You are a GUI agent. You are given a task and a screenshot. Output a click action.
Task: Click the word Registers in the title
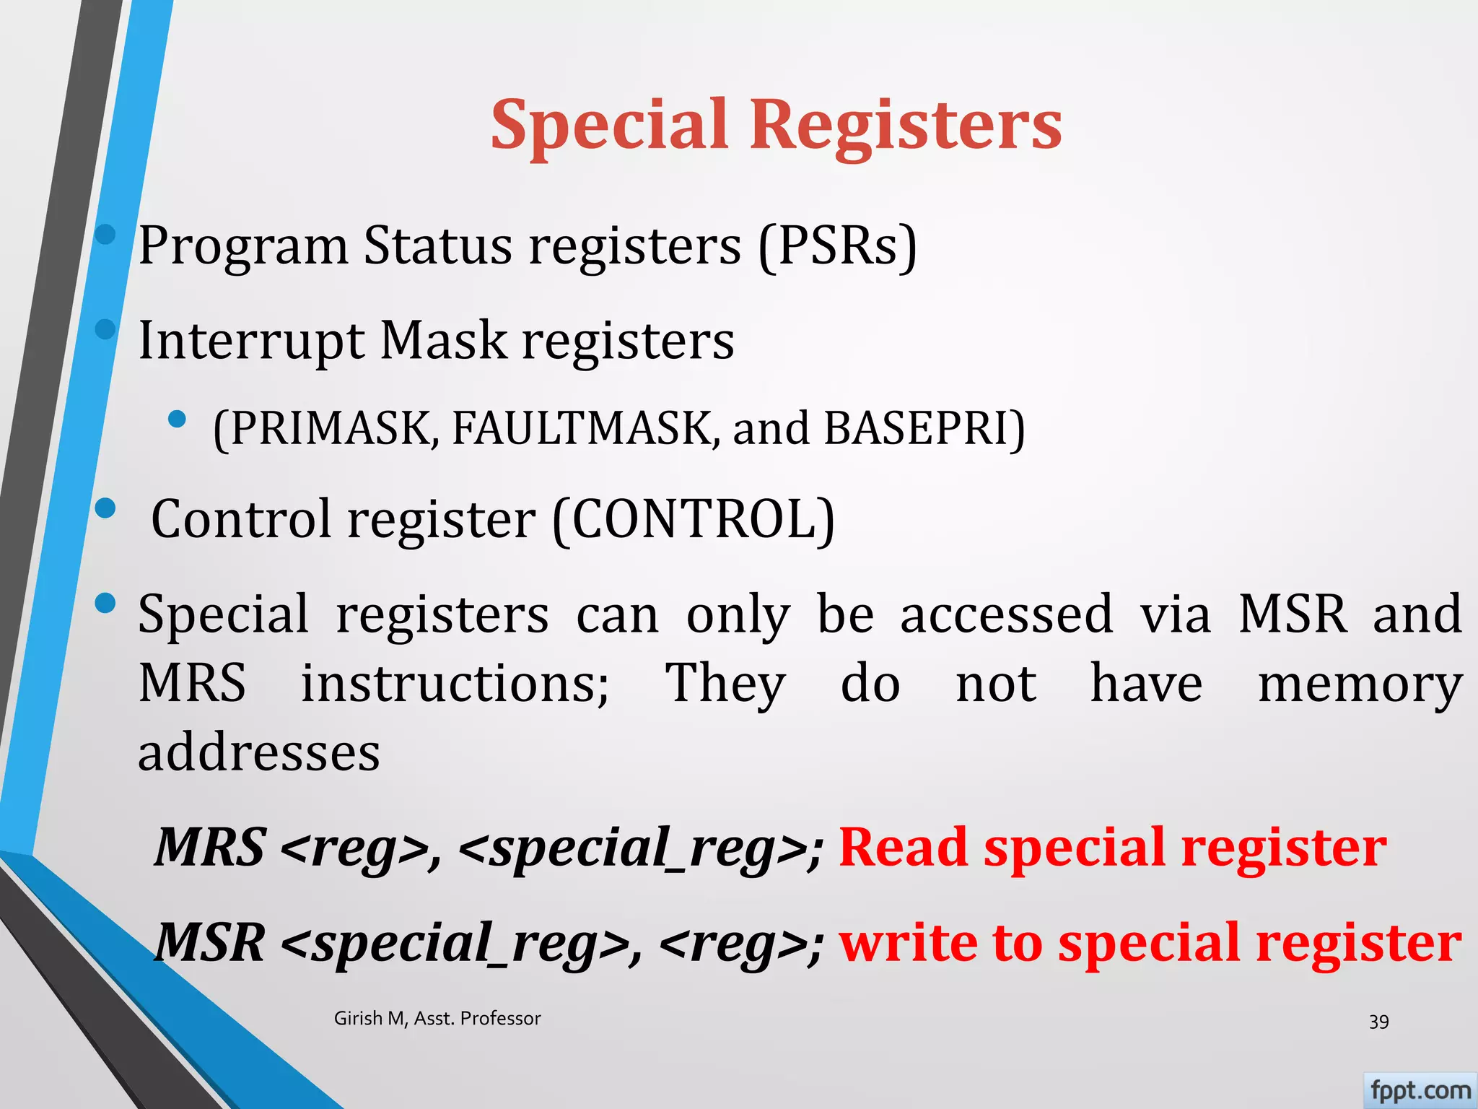coord(906,126)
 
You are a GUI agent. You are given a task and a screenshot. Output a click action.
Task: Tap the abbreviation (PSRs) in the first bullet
coord(837,247)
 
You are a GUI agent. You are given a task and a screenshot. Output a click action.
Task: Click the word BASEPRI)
coord(924,429)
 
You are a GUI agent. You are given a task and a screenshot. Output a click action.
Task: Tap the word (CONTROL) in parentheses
coord(694,519)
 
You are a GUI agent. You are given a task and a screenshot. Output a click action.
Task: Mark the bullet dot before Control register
coord(105,508)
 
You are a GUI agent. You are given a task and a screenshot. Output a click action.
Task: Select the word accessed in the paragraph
coord(1006,614)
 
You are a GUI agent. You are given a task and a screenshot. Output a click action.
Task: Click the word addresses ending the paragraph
coord(259,753)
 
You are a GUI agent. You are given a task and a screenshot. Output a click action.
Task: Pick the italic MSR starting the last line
coord(210,943)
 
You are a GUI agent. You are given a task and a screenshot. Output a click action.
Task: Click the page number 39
coord(1378,1022)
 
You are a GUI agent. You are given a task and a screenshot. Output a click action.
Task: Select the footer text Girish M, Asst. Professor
coord(437,1019)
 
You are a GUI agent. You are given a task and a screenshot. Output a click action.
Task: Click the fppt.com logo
coord(1420,1090)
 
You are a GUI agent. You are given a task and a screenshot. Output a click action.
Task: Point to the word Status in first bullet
coord(438,247)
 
